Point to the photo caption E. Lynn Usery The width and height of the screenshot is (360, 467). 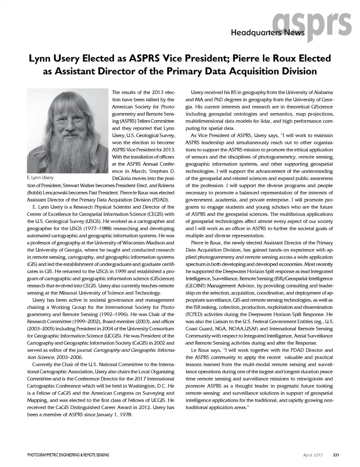pyautogui.click(x=40, y=178)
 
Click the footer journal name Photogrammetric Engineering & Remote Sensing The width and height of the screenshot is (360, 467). pyautogui.click(x=68, y=455)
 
